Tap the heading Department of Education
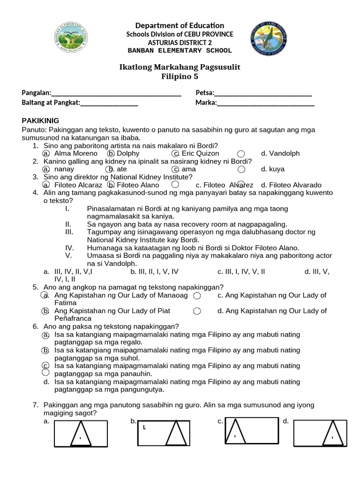[x=180, y=25]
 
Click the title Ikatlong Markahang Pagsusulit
[x=180, y=67]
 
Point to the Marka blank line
[x=265, y=103]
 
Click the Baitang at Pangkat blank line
[x=109, y=103]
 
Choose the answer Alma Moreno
[x=75, y=153]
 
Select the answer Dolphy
[x=128, y=153]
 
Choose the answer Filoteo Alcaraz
[x=78, y=185]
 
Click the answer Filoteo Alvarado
[x=291, y=185]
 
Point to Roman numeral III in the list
[x=70, y=232]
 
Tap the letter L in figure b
[x=144, y=427]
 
